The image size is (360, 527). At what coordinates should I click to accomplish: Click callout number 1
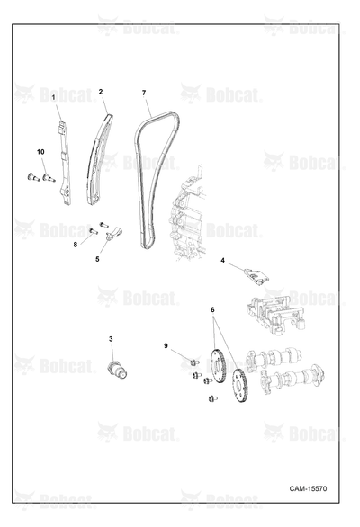coord(53,98)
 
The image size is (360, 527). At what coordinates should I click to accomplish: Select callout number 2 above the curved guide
coord(101,92)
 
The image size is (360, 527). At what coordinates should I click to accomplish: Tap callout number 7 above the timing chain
coord(144,93)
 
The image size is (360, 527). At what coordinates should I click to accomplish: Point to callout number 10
coord(40,152)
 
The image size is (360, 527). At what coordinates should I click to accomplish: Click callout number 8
coord(76,245)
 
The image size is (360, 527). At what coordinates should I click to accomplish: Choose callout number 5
coord(97,259)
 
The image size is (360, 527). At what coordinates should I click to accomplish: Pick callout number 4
coord(222,260)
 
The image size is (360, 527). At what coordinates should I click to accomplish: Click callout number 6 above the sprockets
coord(212,309)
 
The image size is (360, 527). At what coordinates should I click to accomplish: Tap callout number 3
coord(111,339)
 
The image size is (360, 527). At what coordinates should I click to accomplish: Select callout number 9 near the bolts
coord(166,345)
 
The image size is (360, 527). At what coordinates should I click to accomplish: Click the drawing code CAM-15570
coord(308,488)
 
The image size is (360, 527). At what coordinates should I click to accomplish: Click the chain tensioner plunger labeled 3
coord(117,370)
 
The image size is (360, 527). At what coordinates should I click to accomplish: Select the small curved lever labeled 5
coord(114,233)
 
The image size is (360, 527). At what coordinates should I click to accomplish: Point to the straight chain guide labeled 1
coord(65,161)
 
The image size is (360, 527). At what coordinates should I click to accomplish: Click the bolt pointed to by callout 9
coord(194,362)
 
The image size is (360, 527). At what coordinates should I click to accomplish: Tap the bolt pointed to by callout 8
coord(94,231)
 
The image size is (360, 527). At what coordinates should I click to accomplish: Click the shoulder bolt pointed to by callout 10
coord(49,177)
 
